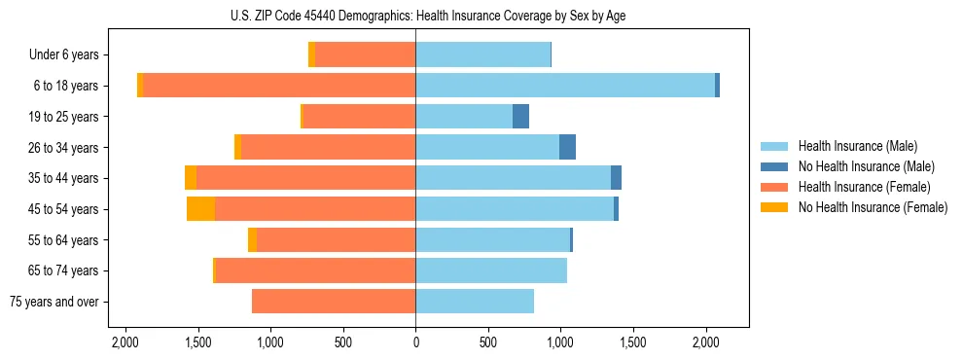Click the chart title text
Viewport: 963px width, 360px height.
tap(415, 16)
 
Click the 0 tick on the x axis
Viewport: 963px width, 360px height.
tap(415, 342)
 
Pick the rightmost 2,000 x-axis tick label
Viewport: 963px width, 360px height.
tap(706, 342)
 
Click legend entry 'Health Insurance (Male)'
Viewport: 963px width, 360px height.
tap(857, 146)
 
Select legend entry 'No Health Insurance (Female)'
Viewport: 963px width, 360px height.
tap(873, 207)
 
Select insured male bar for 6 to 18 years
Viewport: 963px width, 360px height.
tap(565, 86)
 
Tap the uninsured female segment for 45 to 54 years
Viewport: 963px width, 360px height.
tap(200, 209)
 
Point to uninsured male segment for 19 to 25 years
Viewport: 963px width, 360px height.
tap(520, 117)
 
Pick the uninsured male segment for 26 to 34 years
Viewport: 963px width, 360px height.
tap(567, 147)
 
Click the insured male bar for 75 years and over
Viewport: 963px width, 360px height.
tap(475, 302)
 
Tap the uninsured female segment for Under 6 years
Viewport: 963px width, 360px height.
tap(311, 54)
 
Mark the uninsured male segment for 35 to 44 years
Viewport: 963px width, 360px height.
tap(616, 178)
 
